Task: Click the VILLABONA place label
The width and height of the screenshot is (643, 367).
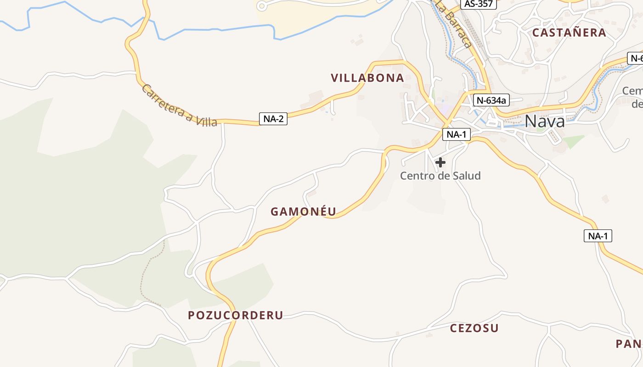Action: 367,78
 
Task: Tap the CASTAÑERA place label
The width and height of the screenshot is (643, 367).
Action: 569,33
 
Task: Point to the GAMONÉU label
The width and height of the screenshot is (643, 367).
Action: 303,211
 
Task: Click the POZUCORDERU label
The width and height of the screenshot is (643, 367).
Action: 236,315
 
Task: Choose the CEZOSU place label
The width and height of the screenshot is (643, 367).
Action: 474,328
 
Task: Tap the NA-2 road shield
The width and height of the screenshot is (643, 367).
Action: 273,119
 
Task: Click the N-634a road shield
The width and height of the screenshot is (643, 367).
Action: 491,100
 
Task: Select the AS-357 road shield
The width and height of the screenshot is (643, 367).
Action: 479,4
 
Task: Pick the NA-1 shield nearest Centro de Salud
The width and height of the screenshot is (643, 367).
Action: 457,134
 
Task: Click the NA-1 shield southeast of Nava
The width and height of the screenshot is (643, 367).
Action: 598,236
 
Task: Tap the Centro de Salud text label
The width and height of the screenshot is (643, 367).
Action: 440,176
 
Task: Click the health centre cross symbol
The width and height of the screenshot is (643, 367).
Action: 440,162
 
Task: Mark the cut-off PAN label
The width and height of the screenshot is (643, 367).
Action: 629,344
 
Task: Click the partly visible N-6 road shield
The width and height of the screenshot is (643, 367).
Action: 635,58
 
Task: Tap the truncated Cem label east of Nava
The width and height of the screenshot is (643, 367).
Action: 632,91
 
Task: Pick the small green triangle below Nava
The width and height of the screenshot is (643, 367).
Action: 573,141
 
